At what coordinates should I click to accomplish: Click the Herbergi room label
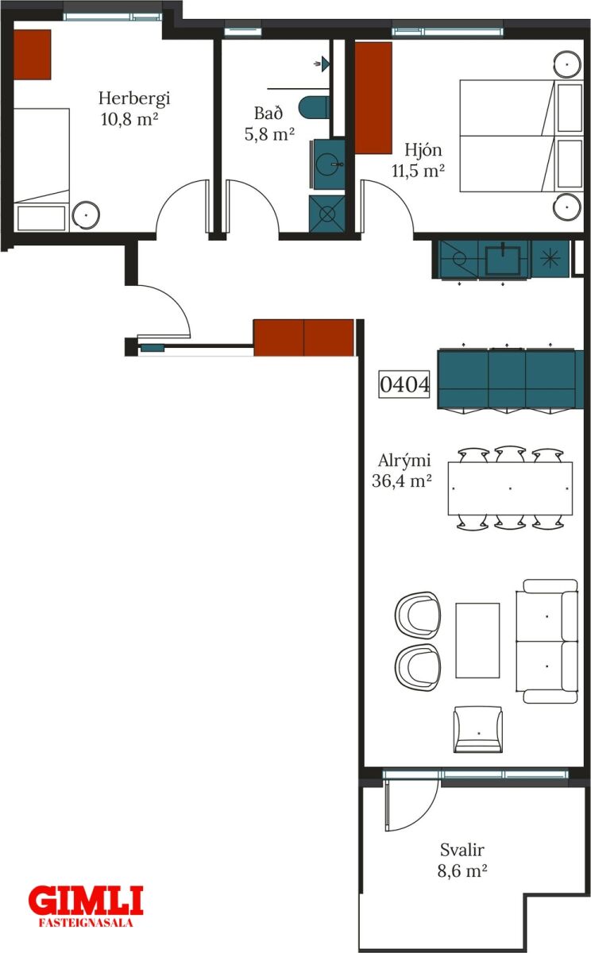(134, 98)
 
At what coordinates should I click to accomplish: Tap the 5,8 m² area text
(269, 134)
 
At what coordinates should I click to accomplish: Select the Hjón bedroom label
(423, 150)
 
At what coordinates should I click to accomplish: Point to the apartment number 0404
(404, 384)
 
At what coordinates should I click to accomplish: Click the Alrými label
(404, 461)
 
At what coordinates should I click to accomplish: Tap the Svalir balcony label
(462, 850)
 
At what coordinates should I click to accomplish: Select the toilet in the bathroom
(315, 108)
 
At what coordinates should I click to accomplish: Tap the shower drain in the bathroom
(326, 214)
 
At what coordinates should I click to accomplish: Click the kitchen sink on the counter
(504, 260)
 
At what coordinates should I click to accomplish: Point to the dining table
(510, 488)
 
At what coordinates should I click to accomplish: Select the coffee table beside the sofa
(477, 640)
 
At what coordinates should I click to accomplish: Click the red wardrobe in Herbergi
(33, 55)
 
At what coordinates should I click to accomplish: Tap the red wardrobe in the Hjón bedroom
(373, 98)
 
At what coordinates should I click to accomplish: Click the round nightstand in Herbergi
(86, 215)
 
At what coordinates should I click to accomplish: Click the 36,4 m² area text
(402, 480)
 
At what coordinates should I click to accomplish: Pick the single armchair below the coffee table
(477, 729)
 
